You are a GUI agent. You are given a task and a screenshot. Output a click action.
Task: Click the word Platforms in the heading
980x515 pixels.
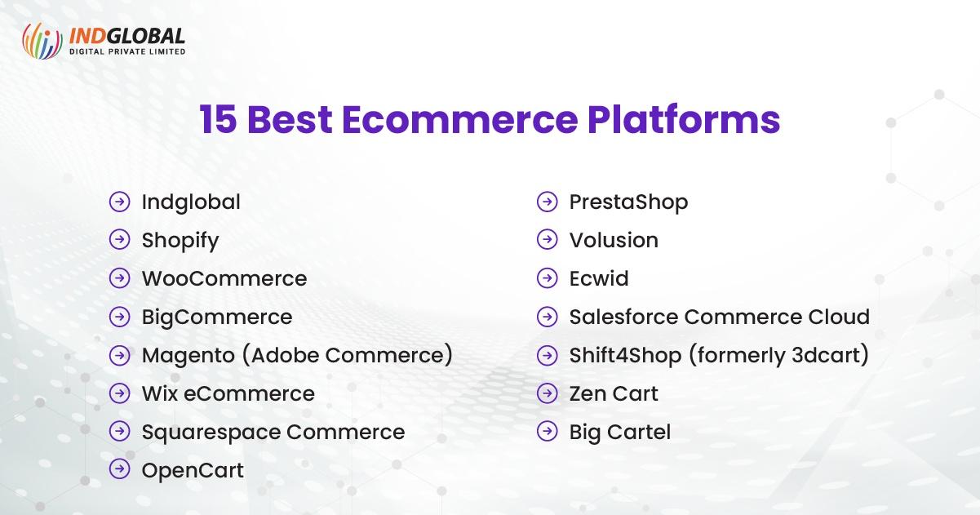click(x=684, y=120)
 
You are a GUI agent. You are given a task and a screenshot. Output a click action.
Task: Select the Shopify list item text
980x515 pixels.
click(x=180, y=241)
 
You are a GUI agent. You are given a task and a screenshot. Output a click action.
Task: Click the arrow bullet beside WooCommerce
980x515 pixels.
click(x=120, y=278)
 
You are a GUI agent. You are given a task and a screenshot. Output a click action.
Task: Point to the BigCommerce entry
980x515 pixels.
click(x=216, y=317)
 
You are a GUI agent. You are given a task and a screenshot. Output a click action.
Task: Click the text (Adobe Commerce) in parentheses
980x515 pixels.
click(x=351, y=355)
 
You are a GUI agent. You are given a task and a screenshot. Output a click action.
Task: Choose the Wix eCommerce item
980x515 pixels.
click(x=228, y=393)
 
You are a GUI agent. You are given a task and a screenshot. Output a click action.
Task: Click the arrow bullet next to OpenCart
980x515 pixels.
click(x=120, y=469)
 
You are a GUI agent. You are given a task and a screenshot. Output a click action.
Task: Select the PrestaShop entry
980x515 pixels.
click(x=628, y=202)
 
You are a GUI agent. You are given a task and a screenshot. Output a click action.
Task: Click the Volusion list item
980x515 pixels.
click(x=614, y=240)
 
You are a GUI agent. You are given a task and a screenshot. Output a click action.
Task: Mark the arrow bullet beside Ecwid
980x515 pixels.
click(x=548, y=278)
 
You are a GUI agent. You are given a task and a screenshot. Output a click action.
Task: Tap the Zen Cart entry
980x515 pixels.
click(x=614, y=393)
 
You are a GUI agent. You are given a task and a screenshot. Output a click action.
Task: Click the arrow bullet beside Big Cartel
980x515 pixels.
click(x=548, y=431)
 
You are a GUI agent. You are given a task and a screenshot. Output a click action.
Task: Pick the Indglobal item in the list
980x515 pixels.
click(x=191, y=202)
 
